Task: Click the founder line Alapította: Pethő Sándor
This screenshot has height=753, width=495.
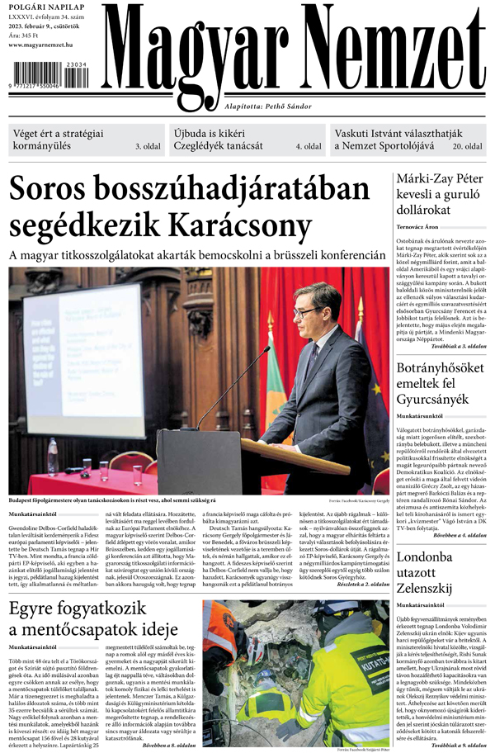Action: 269,106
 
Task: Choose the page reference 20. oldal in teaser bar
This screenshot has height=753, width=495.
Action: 467,147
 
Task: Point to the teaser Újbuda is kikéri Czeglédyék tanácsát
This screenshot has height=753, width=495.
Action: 219,140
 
